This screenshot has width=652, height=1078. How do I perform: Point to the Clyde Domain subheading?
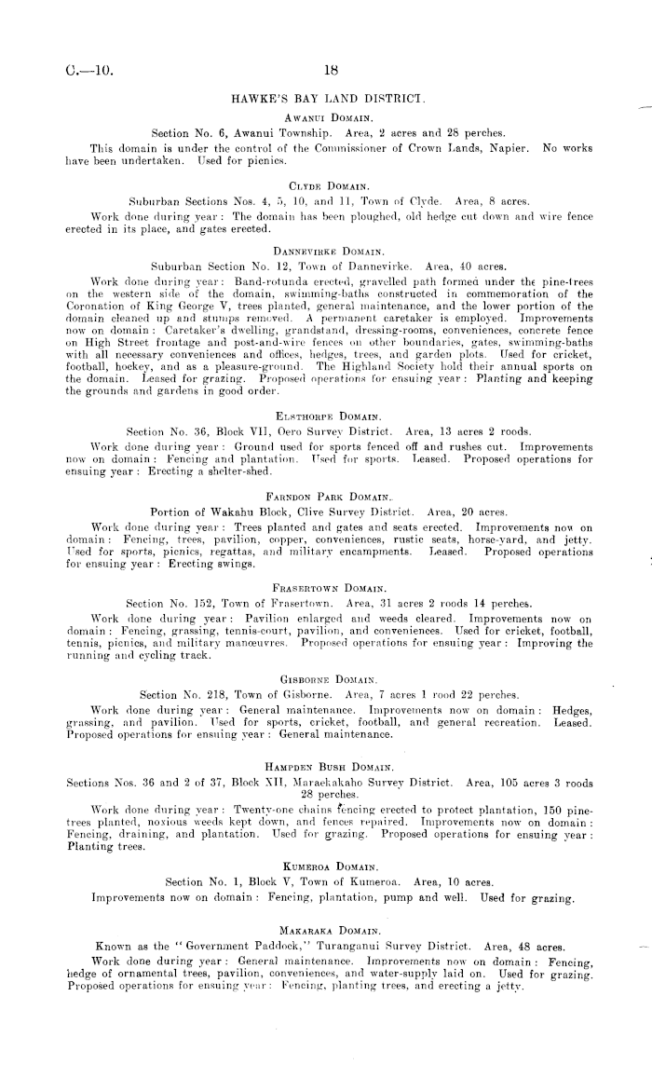coord(325,184)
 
